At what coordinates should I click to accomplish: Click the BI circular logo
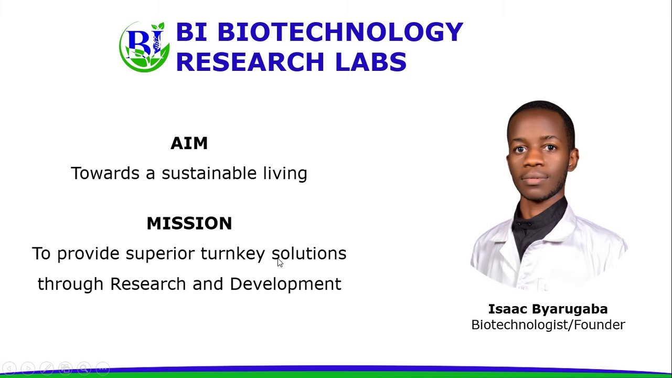(144, 47)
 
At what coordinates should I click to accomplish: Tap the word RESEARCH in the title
(250, 62)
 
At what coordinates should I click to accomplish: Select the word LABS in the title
(371, 62)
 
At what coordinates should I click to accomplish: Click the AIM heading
(189, 143)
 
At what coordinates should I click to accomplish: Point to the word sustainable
(209, 173)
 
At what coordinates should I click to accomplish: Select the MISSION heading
(189, 223)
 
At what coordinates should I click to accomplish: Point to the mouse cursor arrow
(280, 262)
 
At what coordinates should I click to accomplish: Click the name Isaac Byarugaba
(548, 309)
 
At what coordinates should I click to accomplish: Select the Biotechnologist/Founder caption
(548, 325)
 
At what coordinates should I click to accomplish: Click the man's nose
(534, 161)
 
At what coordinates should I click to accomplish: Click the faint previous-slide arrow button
(9, 368)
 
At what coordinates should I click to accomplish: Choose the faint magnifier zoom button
(84, 368)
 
